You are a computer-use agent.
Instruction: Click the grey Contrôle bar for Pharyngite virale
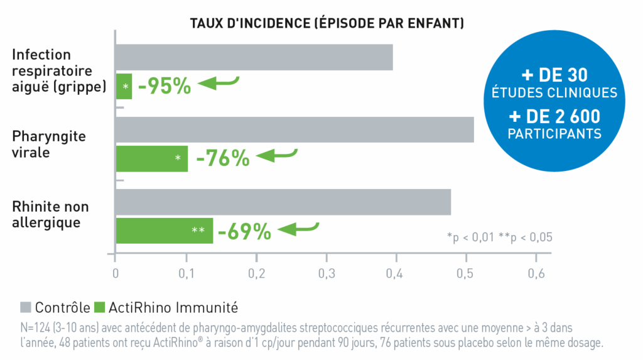tap(294, 129)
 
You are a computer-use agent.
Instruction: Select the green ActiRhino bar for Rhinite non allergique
tap(164, 231)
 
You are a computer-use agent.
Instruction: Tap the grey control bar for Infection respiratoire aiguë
tap(254, 57)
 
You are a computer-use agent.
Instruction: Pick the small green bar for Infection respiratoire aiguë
tap(124, 86)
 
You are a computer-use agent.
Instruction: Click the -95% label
tap(164, 86)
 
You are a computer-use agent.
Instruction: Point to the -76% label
tap(222, 158)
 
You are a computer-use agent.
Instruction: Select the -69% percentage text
tap(244, 231)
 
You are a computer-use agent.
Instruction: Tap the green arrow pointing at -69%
tap(298, 227)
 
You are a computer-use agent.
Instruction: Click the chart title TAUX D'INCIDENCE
tap(327, 24)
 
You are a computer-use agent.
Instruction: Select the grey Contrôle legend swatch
tap(26, 307)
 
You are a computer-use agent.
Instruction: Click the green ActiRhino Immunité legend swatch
tap(99, 307)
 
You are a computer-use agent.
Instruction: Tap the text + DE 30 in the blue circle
tap(554, 75)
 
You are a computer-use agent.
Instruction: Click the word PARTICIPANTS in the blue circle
tap(554, 134)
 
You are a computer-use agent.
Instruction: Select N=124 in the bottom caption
tap(36, 328)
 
